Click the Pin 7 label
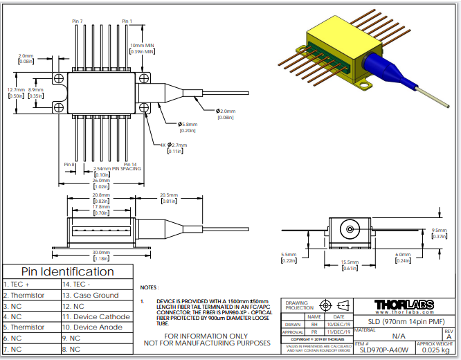tap(77, 21)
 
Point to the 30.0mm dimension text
tap(101, 252)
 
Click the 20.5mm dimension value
tap(169, 195)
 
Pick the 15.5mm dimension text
tap(350, 262)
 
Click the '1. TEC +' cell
tap(17, 284)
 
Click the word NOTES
tap(150, 287)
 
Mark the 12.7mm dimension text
tap(16, 89)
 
